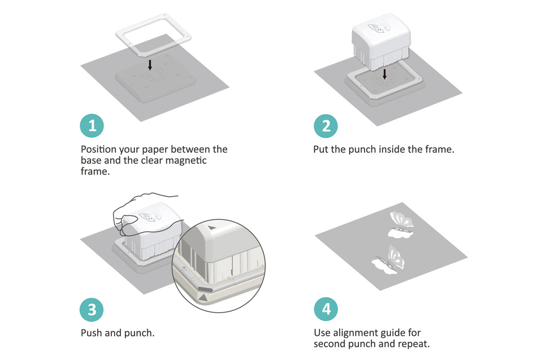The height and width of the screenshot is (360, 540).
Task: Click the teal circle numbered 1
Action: coord(92,125)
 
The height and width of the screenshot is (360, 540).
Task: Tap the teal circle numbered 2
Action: coord(326,126)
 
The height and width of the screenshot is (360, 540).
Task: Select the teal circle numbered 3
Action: coord(92,310)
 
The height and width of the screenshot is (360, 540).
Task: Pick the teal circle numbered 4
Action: coord(326,309)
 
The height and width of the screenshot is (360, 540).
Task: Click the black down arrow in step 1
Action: coord(150,65)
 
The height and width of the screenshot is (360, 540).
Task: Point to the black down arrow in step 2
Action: coord(385,74)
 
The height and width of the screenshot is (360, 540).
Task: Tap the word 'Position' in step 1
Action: coord(99,150)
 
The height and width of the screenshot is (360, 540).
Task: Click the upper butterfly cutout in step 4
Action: coord(401,225)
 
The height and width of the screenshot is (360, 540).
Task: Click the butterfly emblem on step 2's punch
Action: coord(379,27)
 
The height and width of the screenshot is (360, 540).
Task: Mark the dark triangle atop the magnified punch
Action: coord(212,228)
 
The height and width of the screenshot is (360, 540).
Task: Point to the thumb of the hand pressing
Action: coord(126,221)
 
